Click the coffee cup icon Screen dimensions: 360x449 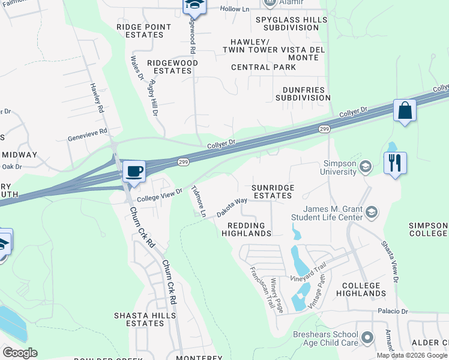(134, 172)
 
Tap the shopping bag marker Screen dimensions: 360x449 (405, 111)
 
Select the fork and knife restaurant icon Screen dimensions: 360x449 (396, 163)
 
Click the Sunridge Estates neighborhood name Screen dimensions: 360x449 (273, 191)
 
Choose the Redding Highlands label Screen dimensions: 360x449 (246, 229)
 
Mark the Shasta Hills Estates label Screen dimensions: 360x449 (139, 319)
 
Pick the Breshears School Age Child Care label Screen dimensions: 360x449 (325, 338)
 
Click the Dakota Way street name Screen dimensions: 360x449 (232, 207)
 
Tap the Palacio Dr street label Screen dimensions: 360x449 (393, 311)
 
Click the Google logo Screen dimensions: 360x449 (20, 353)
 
